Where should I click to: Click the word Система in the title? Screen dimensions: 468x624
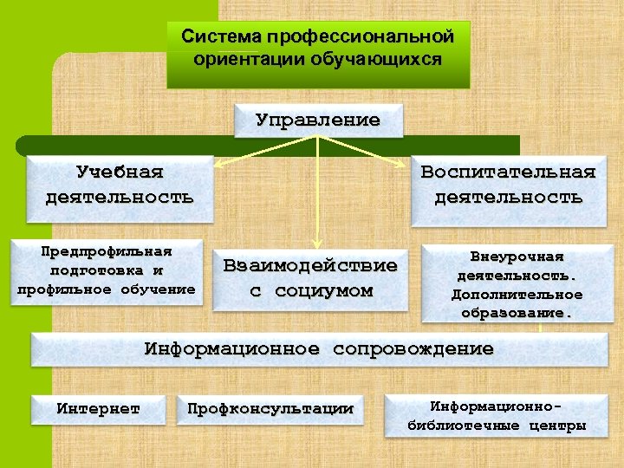222,38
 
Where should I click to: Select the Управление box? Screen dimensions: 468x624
318,120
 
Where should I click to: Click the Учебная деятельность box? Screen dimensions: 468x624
120,183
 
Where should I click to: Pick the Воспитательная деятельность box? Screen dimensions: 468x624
508,183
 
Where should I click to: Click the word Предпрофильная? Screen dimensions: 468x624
107,251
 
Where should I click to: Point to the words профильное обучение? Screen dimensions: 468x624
107,289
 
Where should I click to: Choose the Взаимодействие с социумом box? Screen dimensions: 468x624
310,277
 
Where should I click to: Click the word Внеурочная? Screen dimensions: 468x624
517,257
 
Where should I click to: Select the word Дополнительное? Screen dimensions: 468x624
517,295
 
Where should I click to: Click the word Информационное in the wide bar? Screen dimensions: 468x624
231,349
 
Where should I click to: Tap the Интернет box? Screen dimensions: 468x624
98,408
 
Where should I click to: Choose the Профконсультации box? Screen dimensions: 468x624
270,408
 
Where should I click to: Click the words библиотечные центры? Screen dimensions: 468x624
497,426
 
